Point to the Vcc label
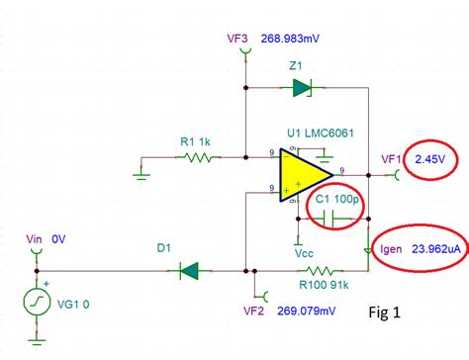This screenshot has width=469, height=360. coord(305,251)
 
